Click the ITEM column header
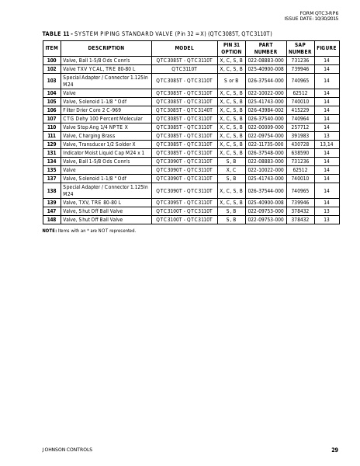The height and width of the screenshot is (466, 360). pos(51,48)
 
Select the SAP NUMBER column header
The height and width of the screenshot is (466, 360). pos(299,48)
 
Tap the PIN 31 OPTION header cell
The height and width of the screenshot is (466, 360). pos(231,48)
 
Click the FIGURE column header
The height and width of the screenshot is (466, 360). pos(326,48)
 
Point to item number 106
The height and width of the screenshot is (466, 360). pos(51,110)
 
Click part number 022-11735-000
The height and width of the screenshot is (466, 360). pos(266,144)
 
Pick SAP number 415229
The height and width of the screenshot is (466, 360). pos(299,110)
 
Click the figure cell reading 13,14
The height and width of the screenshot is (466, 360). pos(326,144)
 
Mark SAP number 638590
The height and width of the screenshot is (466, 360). pos(299,153)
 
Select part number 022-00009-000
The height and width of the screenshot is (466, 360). pos(266,127)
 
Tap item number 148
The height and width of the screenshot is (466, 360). pos(51,220)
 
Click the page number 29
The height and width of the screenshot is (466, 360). pos(334,450)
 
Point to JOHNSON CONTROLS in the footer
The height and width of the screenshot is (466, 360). pos(67,450)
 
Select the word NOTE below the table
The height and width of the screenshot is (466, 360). pos(49,231)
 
